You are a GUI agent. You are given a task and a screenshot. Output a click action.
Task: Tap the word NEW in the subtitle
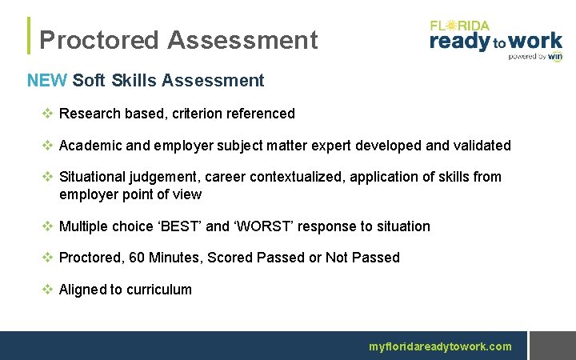click(x=46, y=81)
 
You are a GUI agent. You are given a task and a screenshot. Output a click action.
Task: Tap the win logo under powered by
click(x=554, y=57)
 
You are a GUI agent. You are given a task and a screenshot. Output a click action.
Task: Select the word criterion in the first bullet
click(x=198, y=114)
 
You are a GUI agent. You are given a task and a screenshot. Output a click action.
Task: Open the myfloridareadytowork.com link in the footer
click(x=440, y=346)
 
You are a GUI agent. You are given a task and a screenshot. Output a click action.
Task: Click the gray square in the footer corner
click(x=552, y=346)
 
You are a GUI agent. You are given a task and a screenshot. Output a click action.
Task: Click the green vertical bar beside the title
click(x=30, y=36)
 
